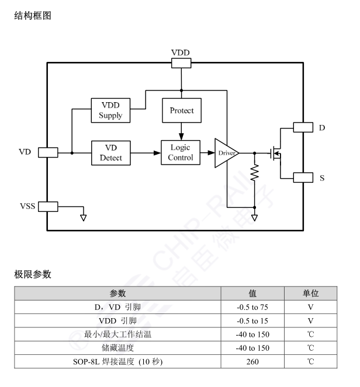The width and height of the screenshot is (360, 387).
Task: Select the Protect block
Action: tap(182, 110)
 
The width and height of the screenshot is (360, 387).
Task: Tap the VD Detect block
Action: tap(110, 152)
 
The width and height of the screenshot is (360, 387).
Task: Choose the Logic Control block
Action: tap(180, 152)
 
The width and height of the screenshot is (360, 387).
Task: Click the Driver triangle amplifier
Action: tap(225, 153)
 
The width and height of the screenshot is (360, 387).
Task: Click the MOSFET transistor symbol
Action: tap(276, 153)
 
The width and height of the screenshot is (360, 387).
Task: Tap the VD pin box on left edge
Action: tap(47, 152)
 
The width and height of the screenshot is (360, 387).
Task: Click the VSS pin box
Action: tap(47, 206)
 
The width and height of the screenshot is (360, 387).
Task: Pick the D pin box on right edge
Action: tap(303, 127)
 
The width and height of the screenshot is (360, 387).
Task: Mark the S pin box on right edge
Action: tap(303, 177)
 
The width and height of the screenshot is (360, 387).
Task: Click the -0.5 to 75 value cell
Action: tap(252, 306)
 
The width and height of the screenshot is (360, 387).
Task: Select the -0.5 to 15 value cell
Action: tap(252, 320)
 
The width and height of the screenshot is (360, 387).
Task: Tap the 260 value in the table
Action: tap(252, 362)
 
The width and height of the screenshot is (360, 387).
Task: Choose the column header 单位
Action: tap(310, 293)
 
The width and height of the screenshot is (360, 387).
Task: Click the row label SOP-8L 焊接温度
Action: tap(117, 362)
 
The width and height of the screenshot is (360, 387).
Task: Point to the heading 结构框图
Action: tap(33, 16)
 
